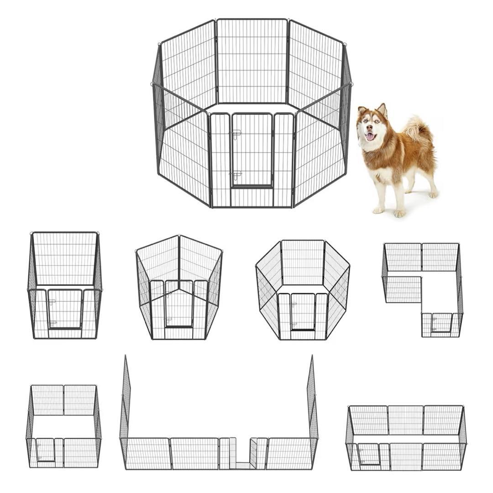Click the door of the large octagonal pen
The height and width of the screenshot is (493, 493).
click(252, 150)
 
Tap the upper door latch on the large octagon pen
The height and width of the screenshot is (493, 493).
click(236, 133)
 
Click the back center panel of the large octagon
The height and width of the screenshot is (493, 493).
click(252, 61)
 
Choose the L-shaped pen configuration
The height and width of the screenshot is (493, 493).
click(422, 289)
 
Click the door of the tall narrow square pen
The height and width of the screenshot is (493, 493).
click(65, 309)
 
